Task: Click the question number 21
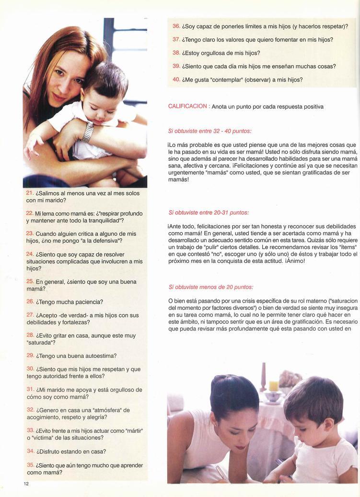(30, 192)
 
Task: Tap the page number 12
(26, 483)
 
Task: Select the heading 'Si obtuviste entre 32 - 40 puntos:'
(209, 130)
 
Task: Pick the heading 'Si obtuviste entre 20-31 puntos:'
(208, 212)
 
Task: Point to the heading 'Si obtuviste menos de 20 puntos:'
(210, 287)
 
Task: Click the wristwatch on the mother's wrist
(88, 131)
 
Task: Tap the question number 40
(176, 79)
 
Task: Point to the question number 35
(30, 464)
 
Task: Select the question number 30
(30, 368)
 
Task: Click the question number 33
(30, 430)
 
